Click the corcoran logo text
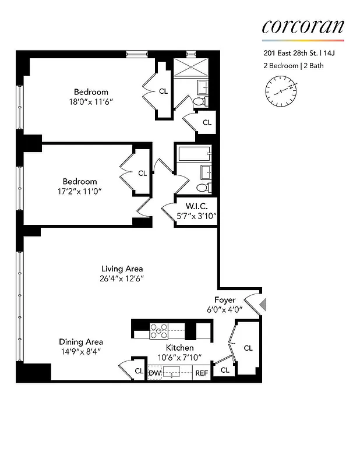click(302, 27)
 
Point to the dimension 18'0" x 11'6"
click(90, 101)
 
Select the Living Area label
click(122, 269)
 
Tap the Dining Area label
click(81, 342)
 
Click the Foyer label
click(225, 300)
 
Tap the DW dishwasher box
click(154, 373)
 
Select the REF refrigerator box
click(202, 373)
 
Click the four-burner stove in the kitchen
click(158, 331)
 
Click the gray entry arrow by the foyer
click(262, 304)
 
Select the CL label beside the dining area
click(139, 371)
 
